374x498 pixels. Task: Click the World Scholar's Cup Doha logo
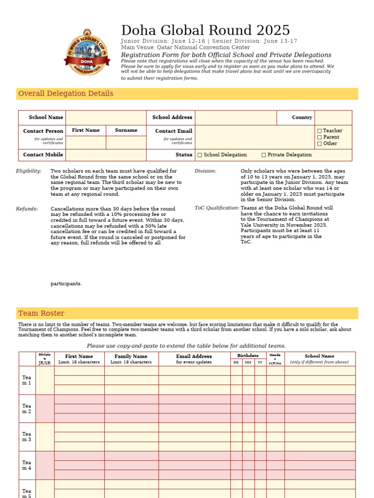pyautogui.click(x=87, y=52)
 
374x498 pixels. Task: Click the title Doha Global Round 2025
pyautogui.click(x=205, y=30)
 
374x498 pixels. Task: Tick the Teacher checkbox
pyautogui.click(x=319, y=131)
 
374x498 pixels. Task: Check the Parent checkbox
pyautogui.click(x=319, y=137)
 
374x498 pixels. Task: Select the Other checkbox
pyautogui.click(x=319, y=143)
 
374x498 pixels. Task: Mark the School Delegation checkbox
pyautogui.click(x=200, y=155)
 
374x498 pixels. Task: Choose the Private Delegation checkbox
pyautogui.click(x=263, y=155)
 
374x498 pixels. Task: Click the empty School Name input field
pyautogui.click(x=106, y=118)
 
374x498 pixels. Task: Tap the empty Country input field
pyautogui.click(x=333, y=118)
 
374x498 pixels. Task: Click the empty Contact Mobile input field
pyautogui.click(x=106, y=155)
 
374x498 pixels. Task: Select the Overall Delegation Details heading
pyautogui.click(x=66, y=93)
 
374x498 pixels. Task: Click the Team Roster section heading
pyautogui.click(x=41, y=313)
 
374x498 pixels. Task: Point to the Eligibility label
pyautogui.click(x=29, y=171)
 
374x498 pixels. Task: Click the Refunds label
pyautogui.click(x=27, y=209)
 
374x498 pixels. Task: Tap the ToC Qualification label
pyautogui.click(x=217, y=208)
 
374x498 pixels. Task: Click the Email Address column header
pyautogui.click(x=194, y=356)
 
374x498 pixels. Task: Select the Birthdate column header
pyautogui.click(x=248, y=356)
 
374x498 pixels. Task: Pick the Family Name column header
pyautogui.click(x=131, y=356)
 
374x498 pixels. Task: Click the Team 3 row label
pyautogui.click(x=26, y=437)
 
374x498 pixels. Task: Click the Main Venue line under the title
pyautogui.click(x=185, y=48)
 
